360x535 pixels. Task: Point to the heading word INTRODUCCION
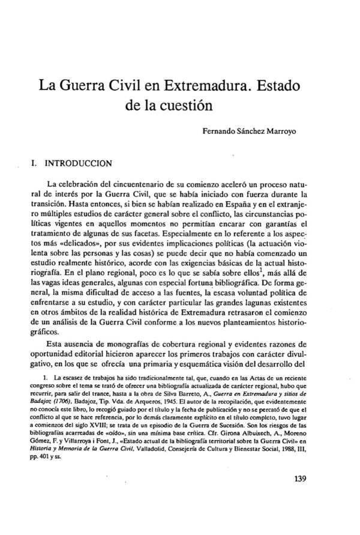pyautogui.click(x=74, y=162)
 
